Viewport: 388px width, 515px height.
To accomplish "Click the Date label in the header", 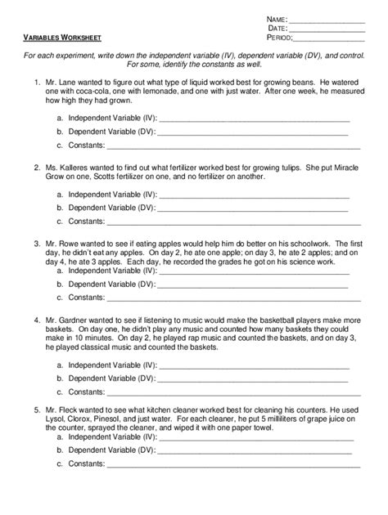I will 277,28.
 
